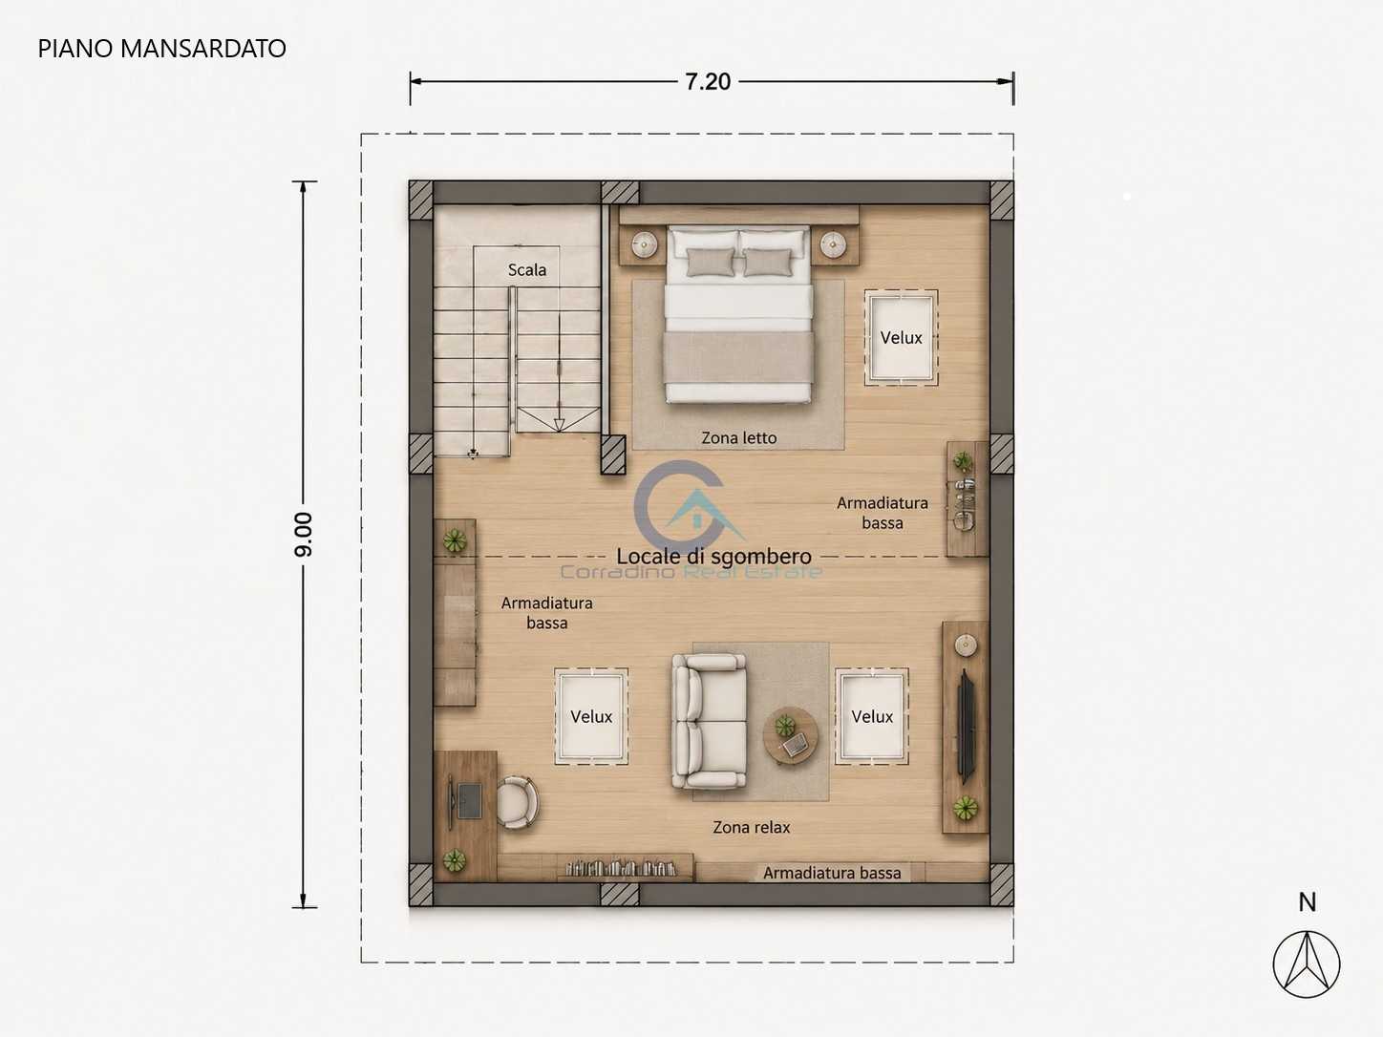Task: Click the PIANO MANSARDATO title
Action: click(x=162, y=49)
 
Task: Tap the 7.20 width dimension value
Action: click(x=708, y=82)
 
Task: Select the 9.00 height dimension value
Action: click(x=303, y=535)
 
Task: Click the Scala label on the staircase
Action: click(x=526, y=270)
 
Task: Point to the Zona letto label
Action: click(x=739, y=437)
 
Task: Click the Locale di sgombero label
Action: click(x=713, y=556)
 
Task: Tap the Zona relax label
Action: click(x=751, y=827)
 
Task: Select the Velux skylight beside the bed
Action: click(x=901, y=337)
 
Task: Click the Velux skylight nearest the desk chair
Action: click(x=591, y=716)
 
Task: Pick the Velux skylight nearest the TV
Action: click(x=872, y=716)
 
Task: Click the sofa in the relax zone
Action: click(x=710, y=722)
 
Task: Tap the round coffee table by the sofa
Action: click(x=791, y=735)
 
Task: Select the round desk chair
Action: click(x=518, y=802)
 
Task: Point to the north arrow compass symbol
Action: click(x=1307, y=964)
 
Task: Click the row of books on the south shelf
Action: click(x=621, y=869)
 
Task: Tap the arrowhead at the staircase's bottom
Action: click(x=559, y=425)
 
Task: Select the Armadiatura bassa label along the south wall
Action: click(x=832, y=873)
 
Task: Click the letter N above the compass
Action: click(x=1307, y=903)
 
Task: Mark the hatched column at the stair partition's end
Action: click(x=613, y=455)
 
